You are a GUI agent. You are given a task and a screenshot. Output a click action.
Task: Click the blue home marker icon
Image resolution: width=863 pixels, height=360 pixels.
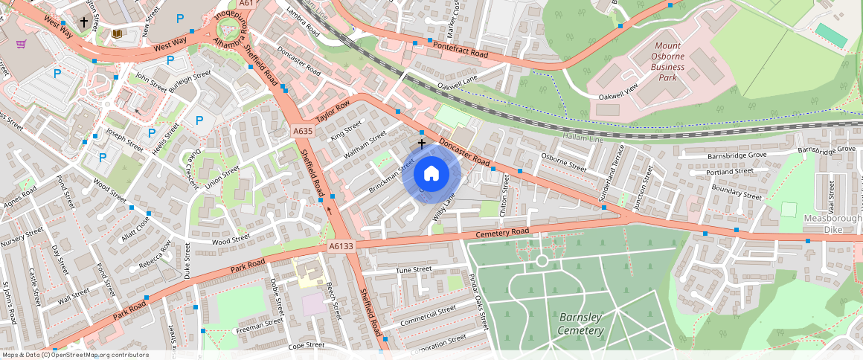[x=431, y=174]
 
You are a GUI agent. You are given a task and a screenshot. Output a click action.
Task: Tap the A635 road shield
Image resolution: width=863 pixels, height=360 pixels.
[x=303, y=132]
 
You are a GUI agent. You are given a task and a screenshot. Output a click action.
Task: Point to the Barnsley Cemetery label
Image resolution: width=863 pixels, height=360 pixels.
[x=580, y=324]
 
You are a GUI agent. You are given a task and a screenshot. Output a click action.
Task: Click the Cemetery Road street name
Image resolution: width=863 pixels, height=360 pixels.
[x=504, y=234]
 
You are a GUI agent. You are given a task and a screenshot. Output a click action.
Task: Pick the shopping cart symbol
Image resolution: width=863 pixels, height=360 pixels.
[x=22, y=44]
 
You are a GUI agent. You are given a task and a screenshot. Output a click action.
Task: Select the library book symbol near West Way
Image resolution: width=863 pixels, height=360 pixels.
[x=115, y=33]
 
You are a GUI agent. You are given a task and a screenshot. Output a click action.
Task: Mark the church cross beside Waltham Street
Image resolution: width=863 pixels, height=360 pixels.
[x=422, y=143]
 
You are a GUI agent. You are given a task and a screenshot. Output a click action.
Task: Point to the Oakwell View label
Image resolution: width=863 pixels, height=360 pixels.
[x=620, y=92]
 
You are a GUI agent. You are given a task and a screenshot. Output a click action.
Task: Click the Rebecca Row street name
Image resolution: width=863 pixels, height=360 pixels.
[x=155, y=254]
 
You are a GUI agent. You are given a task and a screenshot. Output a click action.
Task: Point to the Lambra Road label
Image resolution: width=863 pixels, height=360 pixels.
[x=302, y=22]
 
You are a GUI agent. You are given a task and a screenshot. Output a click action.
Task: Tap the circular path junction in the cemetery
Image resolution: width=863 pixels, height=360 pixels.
[x=542, y=260]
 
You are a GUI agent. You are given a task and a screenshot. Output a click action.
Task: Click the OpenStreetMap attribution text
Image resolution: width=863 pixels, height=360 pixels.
[x=75, y=355]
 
